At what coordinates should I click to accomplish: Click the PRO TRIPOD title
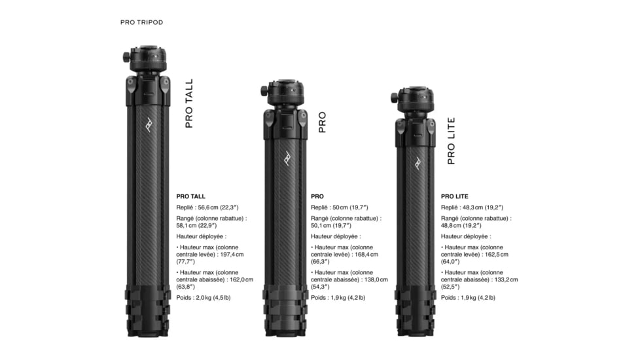pos(141,22)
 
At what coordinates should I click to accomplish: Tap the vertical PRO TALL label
pos(189,103)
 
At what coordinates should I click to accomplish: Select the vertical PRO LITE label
pos(451,141)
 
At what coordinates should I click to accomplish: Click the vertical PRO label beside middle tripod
pos(322,122)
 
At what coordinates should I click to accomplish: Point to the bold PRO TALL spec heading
pos(190,196)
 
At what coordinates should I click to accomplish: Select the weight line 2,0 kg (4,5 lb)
pos(203,297)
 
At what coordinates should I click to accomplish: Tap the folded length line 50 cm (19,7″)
pos(340,207)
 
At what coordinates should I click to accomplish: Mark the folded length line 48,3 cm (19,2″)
pos(472,207)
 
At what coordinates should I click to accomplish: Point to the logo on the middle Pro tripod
pos(286,158)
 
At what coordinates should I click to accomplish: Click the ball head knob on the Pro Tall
pos(125,57)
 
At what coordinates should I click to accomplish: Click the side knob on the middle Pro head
pos(263,90)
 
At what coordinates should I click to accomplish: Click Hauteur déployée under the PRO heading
pos(335,236)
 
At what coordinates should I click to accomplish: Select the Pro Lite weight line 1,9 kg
pos(467,297)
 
